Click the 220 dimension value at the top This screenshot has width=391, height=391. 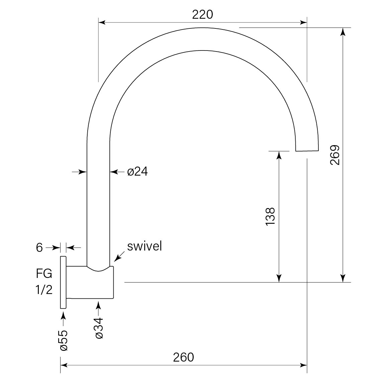203,14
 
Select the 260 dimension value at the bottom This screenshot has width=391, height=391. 183,357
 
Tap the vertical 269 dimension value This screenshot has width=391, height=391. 335,155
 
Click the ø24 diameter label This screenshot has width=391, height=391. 137,172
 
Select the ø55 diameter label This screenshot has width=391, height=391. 64,340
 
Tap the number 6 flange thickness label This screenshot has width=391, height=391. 39,248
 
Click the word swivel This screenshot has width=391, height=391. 144,246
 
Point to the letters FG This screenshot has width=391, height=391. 44,274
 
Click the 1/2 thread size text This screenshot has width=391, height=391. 44,290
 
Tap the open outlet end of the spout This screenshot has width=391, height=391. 307,149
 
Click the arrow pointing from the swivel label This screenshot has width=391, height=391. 117,258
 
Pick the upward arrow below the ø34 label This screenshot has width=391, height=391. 98,306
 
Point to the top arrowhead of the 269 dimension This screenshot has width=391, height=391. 343,31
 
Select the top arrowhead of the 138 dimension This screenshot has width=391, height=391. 279,155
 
